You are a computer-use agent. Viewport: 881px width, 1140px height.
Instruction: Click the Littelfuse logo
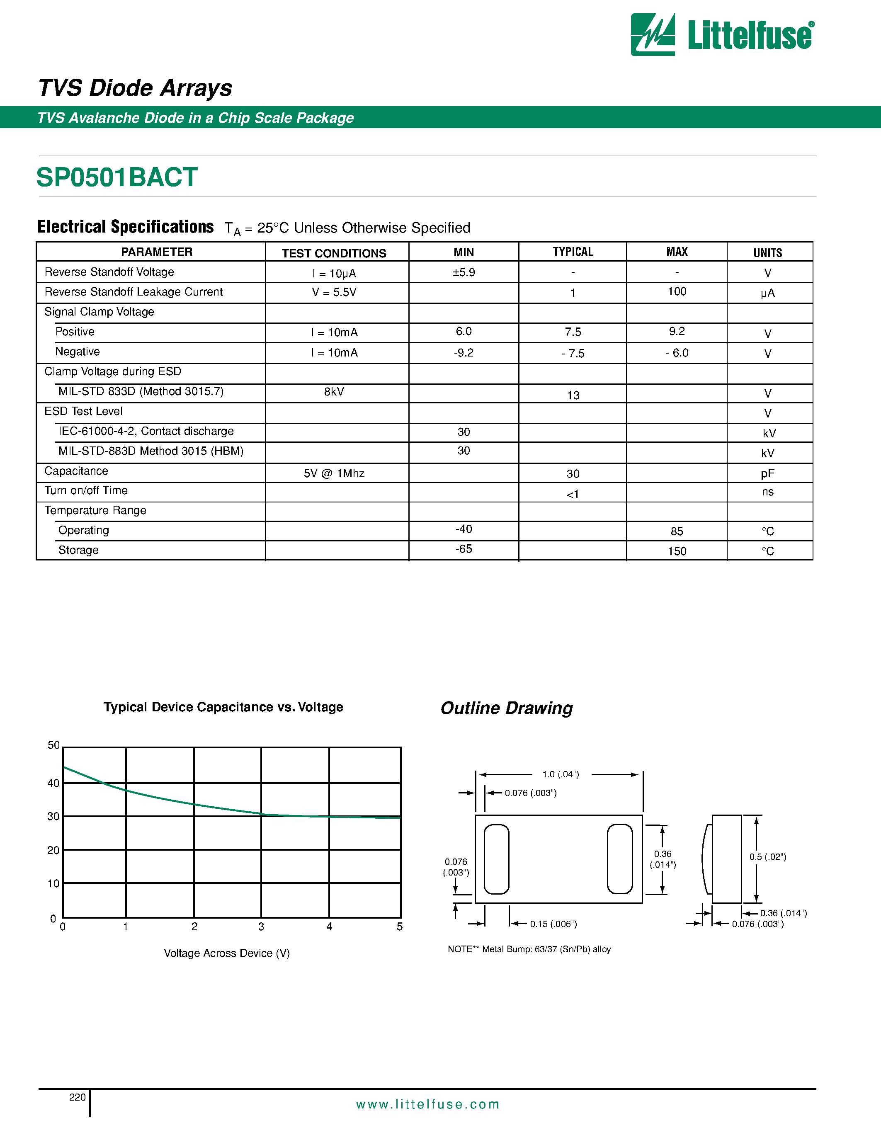pos(722,34)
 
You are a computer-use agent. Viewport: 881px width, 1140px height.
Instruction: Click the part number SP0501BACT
pos(117,177)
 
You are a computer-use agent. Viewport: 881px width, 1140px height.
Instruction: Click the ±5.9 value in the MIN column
pos(464,272)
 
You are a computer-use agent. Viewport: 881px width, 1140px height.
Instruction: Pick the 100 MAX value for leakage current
pos(677,292)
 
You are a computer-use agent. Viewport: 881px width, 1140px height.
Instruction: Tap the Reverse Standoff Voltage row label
pos(109,272)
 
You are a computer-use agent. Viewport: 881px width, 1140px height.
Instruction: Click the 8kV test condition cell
pos(334,391)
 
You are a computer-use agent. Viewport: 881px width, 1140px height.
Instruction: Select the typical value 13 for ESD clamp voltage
pos(573,395)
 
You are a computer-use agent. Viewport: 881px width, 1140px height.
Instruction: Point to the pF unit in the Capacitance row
pos(767,473)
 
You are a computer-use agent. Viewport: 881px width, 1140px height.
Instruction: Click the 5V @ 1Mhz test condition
pos(334,473)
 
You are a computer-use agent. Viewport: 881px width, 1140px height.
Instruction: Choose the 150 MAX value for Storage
pos(677,551)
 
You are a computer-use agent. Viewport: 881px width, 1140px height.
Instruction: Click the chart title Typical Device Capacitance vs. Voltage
pos(223,707)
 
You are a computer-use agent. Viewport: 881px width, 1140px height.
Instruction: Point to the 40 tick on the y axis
pos(53,783)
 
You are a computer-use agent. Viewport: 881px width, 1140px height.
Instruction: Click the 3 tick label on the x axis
pos(261,927)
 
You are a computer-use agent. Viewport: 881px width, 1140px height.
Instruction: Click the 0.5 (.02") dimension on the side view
pos(768,856)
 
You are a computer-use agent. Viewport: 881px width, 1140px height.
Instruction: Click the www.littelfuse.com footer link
pos(427,1104)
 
